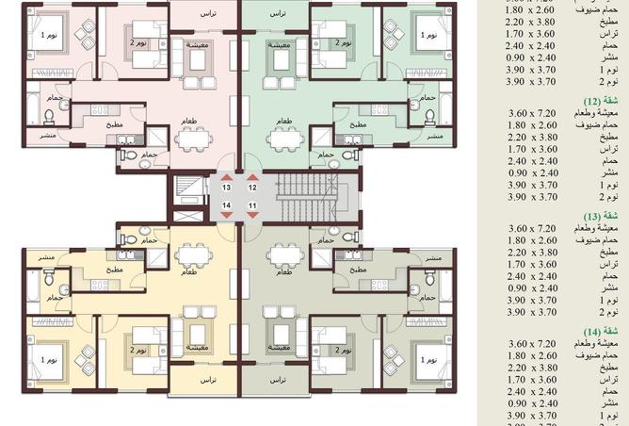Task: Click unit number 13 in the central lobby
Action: [227, 188]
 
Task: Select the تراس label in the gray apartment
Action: [275, 379]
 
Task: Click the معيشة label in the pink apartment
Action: [198, 44]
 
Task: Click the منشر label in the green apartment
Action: [436, 137]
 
